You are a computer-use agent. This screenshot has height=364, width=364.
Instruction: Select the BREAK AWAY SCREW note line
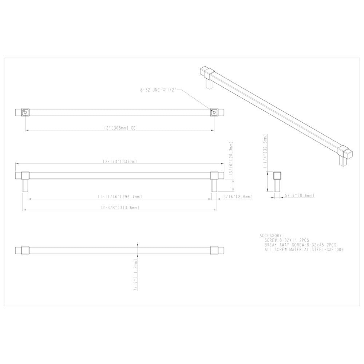[x=301, y=245]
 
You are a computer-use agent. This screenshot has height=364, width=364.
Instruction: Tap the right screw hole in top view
[x=214, y=112]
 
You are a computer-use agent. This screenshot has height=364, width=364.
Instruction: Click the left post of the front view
[x=25, y=186]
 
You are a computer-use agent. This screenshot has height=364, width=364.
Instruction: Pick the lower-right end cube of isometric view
[x=346, y=153]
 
